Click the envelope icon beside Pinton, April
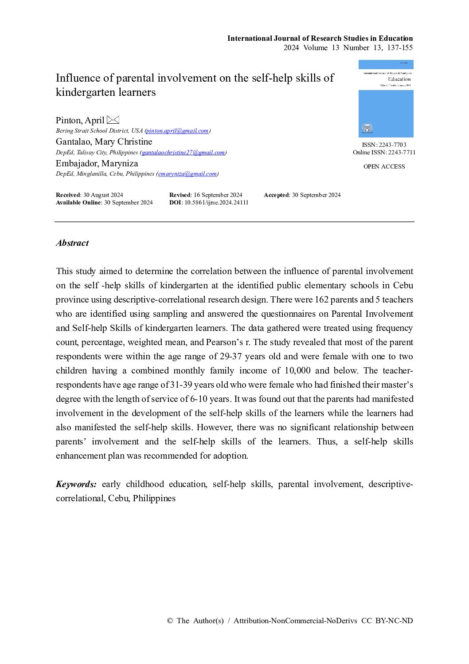pyautogui.click(x=113, y=120)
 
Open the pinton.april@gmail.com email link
pyautogui.click(x=177, y=131)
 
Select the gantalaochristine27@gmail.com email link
pyautogui.click(x=183, y=153)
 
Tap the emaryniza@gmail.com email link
pyautogui.click(x=188, y=174)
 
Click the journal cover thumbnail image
pyautogui.click(x=386, y=98)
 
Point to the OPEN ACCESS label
pyautogui.click(x=384, y=167)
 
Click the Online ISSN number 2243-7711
pyautogui.click(x=402, y=153)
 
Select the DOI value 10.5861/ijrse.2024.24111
pyautogui.click(x=216, y=203)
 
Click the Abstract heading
pyautogui.click(x=72, y=243)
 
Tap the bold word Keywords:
pyautogui.click(x=76, y=484)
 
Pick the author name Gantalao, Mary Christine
pyautogui.click(x=104, y=142)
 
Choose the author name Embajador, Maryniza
pyautogui.click(x=97, y=164)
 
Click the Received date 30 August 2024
pyautogui.click(x=103, y=195)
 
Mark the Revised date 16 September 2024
pyautogui.click(x=218, y=195)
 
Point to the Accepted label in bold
pyautogui.click(x=276, y=195)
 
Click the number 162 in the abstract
pyautogui.click(x=321, y=300)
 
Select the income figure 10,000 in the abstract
pyautogui.click(x=297, y=371)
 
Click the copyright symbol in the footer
pyautogui.click(x=170, y=621)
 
